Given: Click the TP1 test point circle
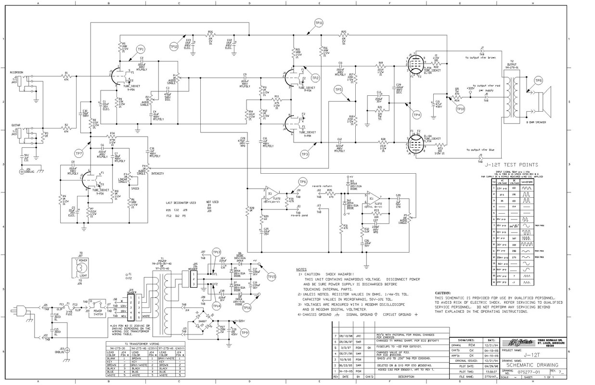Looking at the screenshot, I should click(141, 49).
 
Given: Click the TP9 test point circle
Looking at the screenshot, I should click(245, 332).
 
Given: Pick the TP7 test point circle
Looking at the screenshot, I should click(79, 153).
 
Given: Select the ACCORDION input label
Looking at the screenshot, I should click(16, 72).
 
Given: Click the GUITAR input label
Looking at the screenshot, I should click(15, 125).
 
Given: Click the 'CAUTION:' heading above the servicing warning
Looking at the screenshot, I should click(442, 293).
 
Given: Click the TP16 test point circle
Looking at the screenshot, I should click(247, 308).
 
